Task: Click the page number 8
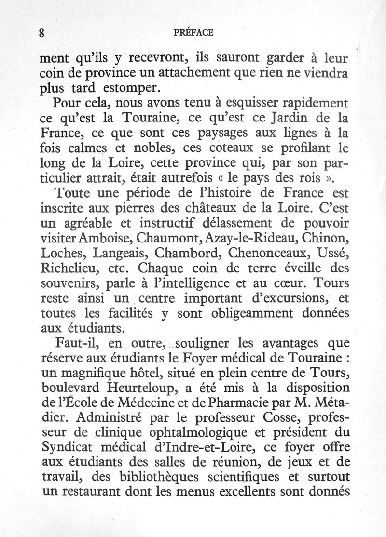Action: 42,33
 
